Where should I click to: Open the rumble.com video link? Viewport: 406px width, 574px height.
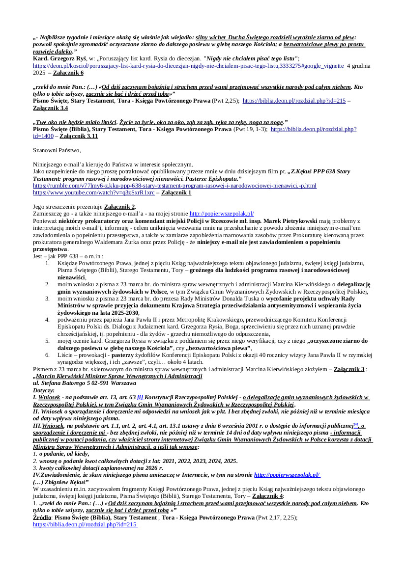(x=174, y=186)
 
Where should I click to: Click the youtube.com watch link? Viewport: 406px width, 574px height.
(x=93, y=193)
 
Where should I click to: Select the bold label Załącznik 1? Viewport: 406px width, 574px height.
(x=176, y=193)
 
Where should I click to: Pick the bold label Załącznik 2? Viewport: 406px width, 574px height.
(x=119, y=207)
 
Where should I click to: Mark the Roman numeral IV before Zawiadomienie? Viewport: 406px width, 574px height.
(x=36, y=475)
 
